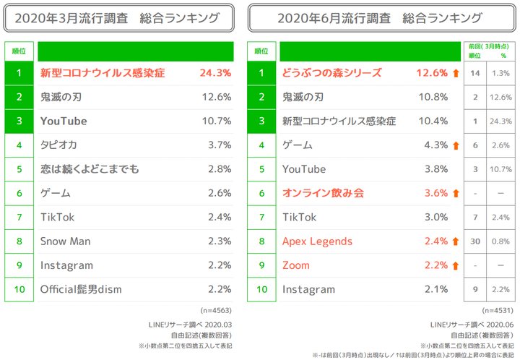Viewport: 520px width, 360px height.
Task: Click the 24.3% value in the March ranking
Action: pyautogui.click(x=214, y=73)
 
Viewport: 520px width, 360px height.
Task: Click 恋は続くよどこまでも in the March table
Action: pyautogui.click(x=90, y=169)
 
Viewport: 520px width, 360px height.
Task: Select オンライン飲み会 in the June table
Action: pyautogui.click(x=323, y=193)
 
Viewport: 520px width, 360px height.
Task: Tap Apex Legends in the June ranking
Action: pyautogui.click(x=317, y=241)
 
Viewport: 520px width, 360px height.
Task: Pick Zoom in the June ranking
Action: pyautogui.click(x=296, y=265)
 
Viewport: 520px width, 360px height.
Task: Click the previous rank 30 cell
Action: pyautogui.click(x=475, y=241)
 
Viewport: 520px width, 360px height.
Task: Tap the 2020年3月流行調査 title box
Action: pyautogui.click(x=120, y=17)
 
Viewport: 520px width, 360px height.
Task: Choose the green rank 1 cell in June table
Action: pyautogui.click(x=261, y=73)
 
